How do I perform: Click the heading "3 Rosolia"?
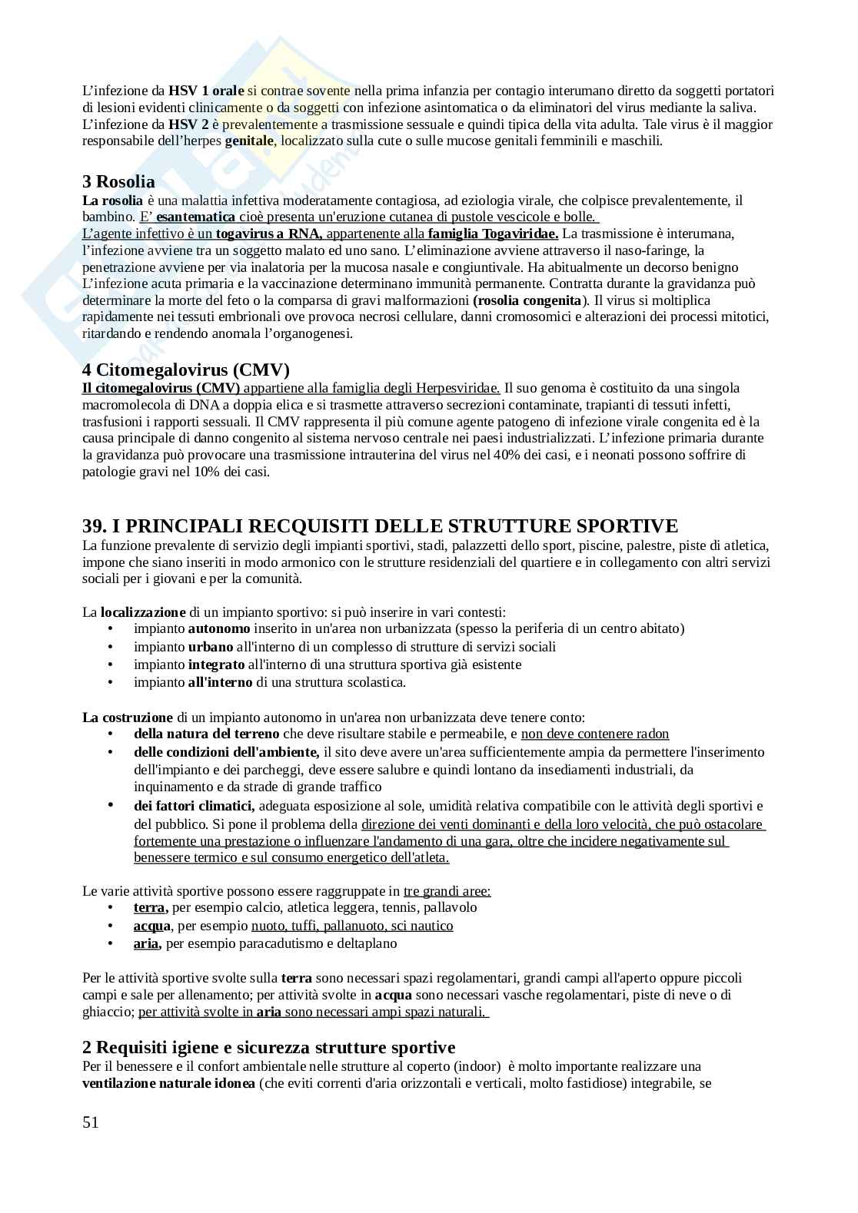point(118,182)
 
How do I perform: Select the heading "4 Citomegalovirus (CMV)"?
point(185,370)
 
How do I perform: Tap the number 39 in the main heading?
point(93,526)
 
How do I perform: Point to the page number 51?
point(91,1122)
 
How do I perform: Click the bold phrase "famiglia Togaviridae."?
point(493,234)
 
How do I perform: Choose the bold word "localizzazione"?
point(143,612)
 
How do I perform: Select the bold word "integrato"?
point(216,664)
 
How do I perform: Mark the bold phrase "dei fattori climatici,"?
point(194,806)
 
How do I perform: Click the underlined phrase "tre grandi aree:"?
point(447,891)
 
